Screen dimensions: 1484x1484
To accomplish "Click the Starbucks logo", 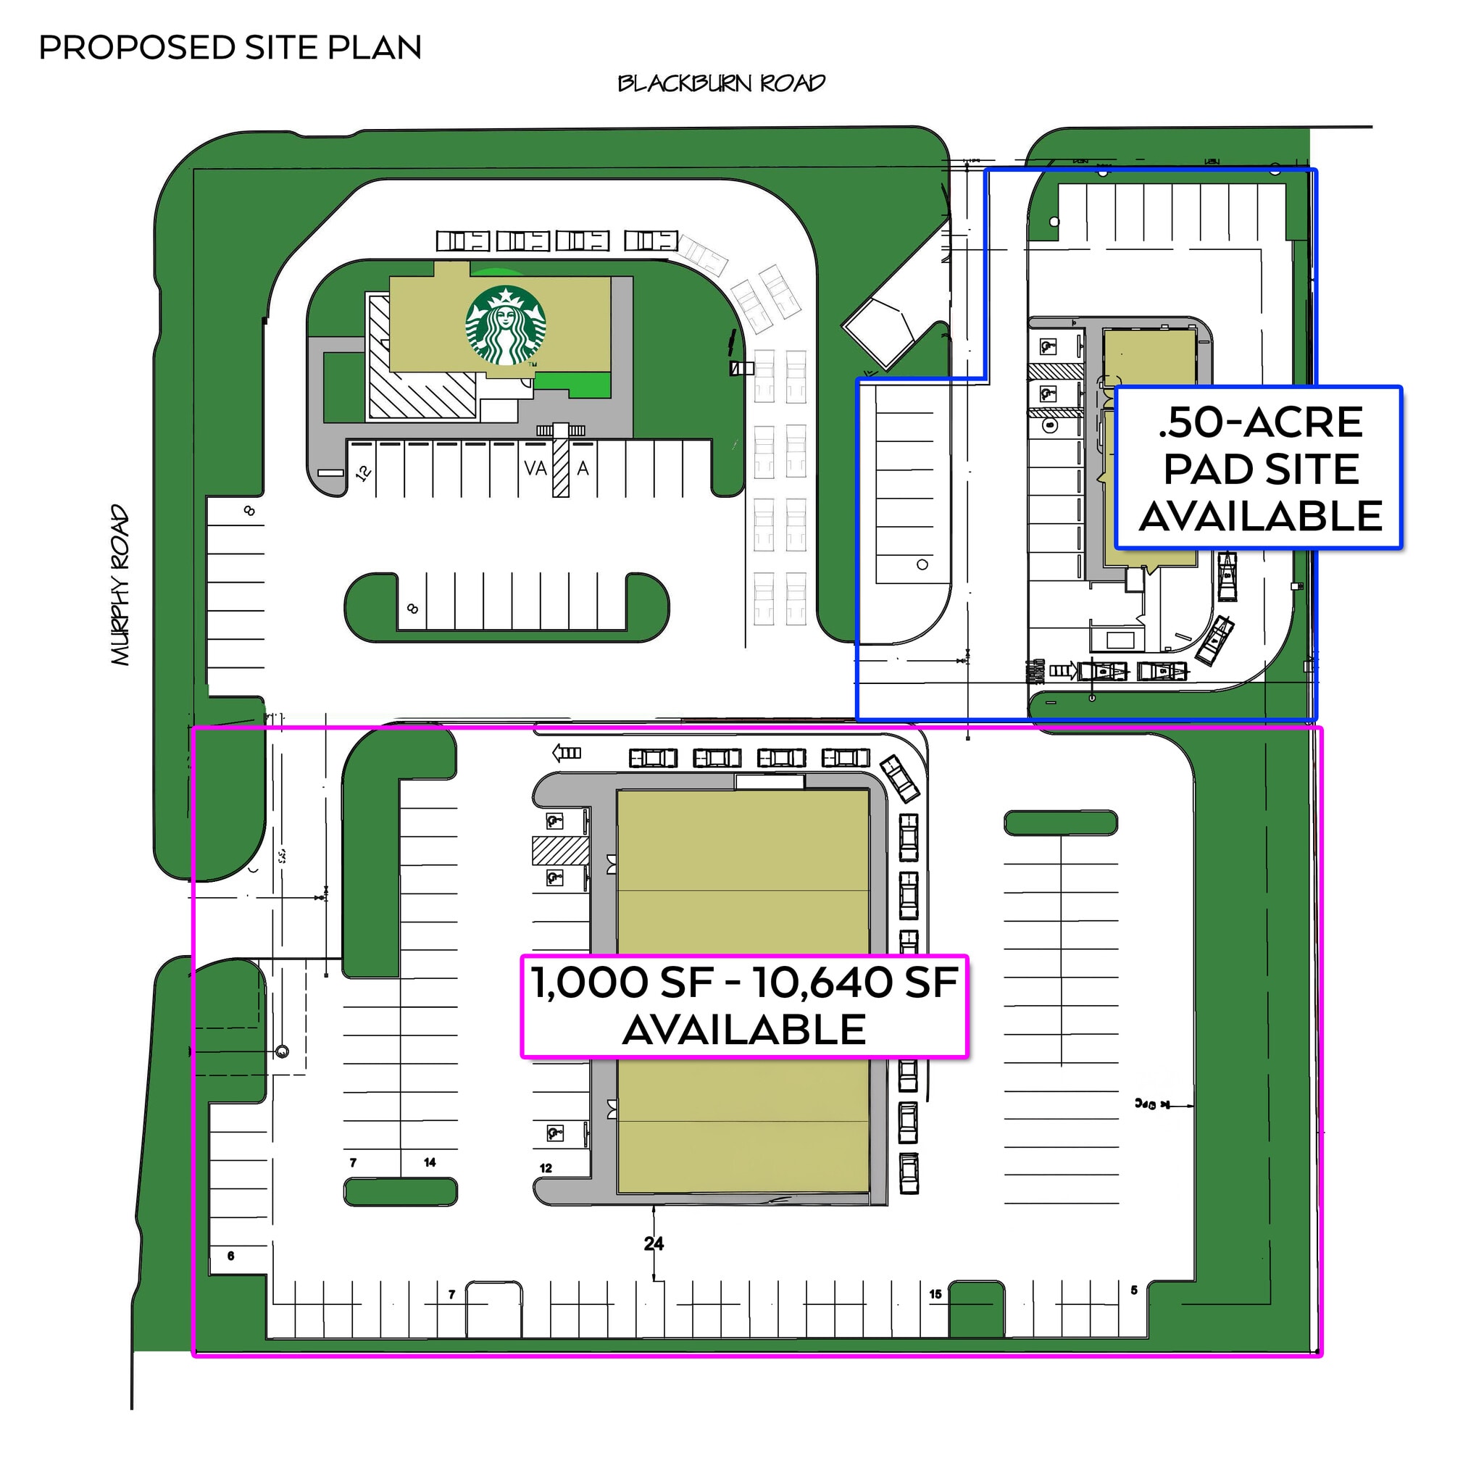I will (506, 325).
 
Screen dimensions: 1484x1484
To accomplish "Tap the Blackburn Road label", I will (721, 83).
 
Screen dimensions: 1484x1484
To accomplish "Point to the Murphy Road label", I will (120, 585).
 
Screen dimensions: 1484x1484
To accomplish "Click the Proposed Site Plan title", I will (230, 48).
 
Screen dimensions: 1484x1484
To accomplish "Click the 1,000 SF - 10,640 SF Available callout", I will (743, 1006).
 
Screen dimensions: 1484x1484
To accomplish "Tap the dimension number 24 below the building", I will (654, 1243).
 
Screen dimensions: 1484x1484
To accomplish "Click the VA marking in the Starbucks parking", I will (535, 468).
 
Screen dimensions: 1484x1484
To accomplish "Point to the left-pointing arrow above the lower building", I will (567, 753).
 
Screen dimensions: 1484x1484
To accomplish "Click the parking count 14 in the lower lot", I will (430, 1162).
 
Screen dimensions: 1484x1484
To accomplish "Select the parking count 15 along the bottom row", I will (935, 1293).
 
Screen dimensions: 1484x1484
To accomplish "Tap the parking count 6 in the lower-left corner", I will (230, 1256).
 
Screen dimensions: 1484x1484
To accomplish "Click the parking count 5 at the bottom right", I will (1134, 1290).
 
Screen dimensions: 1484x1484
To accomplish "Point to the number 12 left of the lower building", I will (546, 1167).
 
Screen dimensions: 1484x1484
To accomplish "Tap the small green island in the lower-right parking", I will (1060, 822).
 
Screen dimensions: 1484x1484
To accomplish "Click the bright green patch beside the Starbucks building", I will (572, 383).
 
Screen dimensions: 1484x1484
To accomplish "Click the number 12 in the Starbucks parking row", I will (363, 472).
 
